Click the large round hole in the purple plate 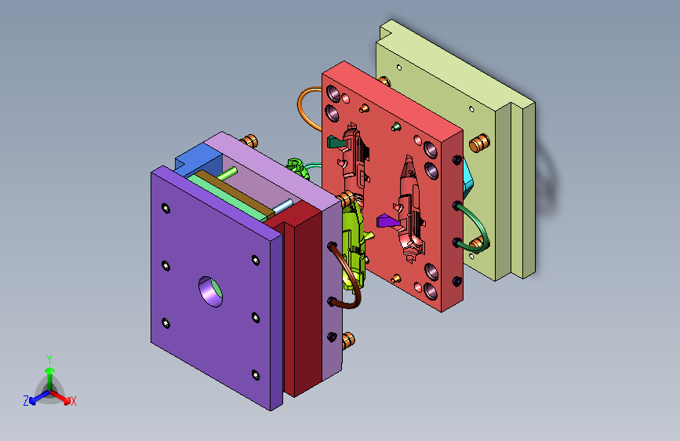point(211,292)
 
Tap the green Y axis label point(49,359)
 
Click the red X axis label point(73,402)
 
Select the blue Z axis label point(26,401)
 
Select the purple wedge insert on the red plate point(387,221)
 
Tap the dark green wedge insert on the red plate point(336,141)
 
